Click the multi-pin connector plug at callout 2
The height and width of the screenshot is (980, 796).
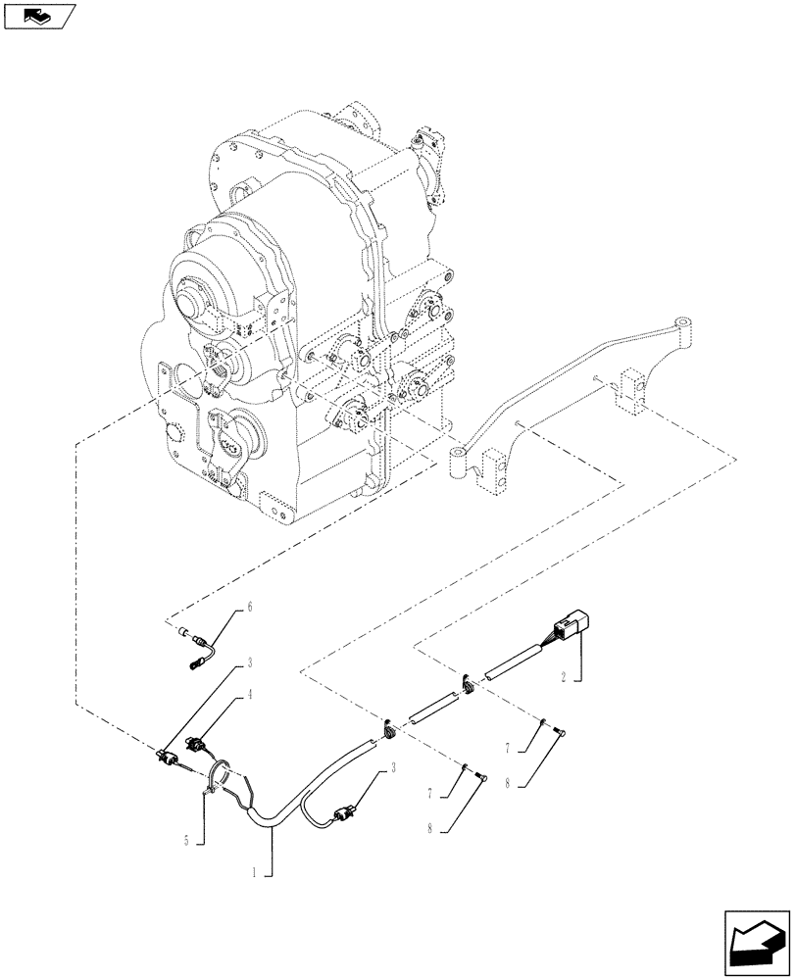[570, 623]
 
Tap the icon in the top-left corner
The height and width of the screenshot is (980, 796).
[39, 16]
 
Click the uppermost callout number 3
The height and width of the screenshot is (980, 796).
[250, 663]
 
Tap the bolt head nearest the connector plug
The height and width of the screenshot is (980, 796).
[561, 729]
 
